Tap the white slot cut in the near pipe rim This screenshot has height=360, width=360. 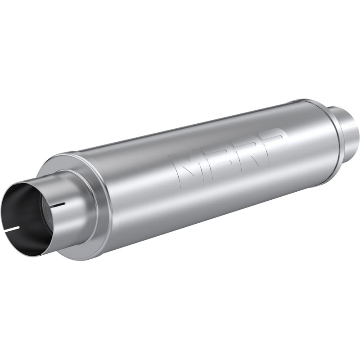13,229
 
